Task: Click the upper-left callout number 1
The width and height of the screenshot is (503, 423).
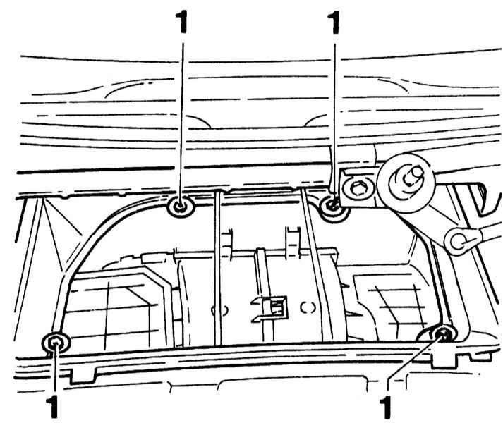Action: point(181,22)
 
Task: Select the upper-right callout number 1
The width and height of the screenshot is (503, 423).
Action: point(334,22)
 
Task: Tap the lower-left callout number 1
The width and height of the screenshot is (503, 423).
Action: point(52,407)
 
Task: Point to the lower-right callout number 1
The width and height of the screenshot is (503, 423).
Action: point(386,407)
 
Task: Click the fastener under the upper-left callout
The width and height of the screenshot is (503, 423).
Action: point(181,207)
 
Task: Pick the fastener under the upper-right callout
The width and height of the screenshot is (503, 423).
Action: point(332,204)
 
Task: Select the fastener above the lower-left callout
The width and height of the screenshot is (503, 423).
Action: point(56,344)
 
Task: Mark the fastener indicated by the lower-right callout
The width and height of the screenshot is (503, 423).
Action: point(444,334)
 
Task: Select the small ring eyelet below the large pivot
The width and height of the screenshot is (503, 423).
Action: point(458,241)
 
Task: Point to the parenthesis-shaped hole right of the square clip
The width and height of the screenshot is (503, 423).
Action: point(308,308)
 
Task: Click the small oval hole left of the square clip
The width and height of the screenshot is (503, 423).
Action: point(220,310)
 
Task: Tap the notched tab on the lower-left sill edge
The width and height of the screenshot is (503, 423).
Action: point(83,376)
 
